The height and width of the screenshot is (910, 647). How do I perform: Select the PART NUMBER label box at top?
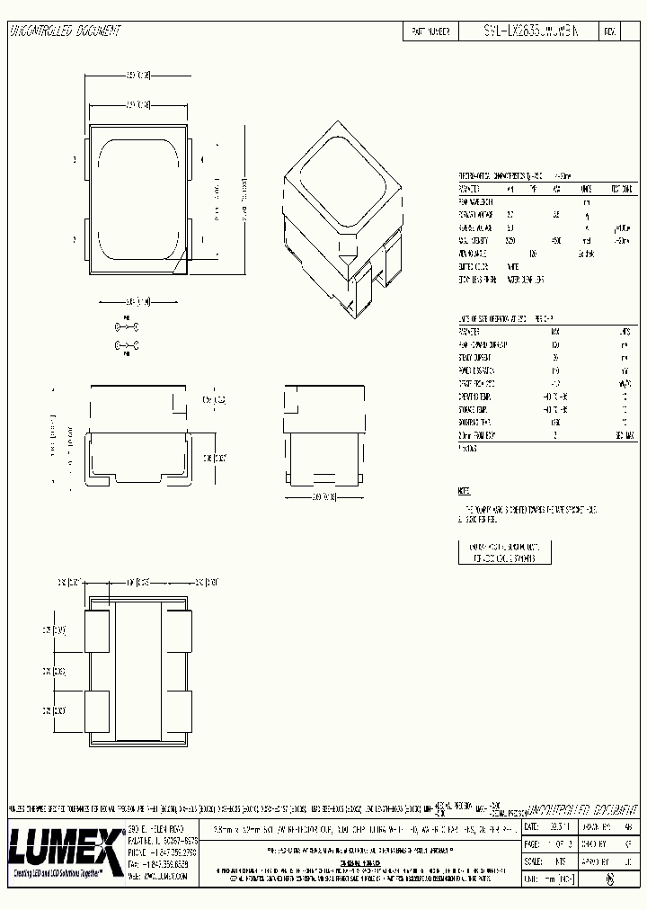(430, 31)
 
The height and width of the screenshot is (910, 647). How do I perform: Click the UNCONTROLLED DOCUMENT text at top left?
(65, 31)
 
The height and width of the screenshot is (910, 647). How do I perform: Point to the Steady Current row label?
(476, 358)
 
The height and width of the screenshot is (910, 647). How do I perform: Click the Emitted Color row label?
(476, 267)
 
